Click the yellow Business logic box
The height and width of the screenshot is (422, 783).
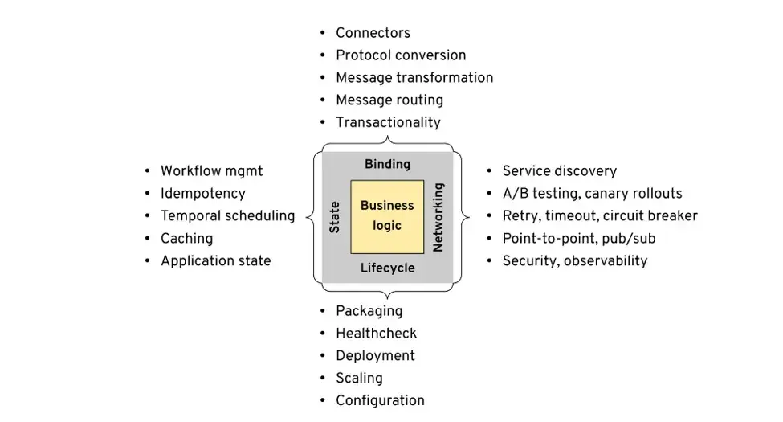[387, 216]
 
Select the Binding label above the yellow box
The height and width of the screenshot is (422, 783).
[387, 164]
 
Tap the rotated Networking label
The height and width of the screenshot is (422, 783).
[438, 217]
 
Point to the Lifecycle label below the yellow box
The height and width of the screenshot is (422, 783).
[387, 268]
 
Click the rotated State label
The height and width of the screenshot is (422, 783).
[335, 217]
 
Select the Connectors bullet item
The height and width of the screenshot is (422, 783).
[373, 33]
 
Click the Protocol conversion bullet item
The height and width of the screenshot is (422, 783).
[400, 55]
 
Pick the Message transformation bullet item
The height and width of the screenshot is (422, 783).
[414, 78]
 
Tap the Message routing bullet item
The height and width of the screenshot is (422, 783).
[389, 100]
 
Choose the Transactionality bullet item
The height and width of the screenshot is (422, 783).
[388, 123]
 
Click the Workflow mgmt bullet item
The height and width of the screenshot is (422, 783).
[211, 171]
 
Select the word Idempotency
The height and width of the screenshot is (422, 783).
[202, 194]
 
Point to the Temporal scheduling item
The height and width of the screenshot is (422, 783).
[227, 216]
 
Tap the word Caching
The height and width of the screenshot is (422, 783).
[186, 239]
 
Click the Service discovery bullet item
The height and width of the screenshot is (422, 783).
[559, 171]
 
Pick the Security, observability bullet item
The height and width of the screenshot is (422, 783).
[574, 261]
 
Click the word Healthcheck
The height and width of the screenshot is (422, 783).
[376, 334]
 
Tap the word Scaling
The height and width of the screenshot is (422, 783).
[359, 379]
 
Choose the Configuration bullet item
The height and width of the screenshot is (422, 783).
[380, 401]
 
